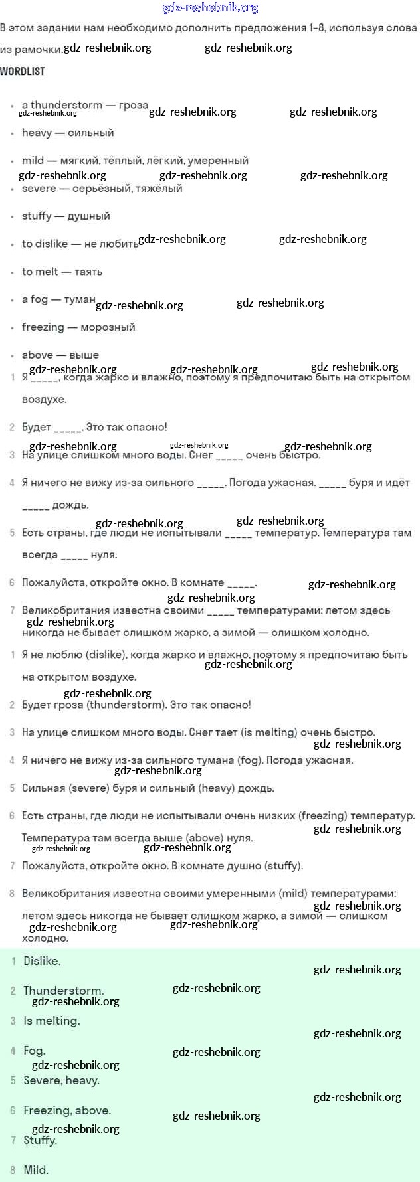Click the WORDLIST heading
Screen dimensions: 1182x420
[x=23, y=71]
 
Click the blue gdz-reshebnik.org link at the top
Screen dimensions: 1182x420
[x=210, y=8]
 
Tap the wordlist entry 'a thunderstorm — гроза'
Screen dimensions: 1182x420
[x=84, y=105]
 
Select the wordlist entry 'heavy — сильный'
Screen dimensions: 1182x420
[x=68, y=133]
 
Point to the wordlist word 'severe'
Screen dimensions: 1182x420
[x=39, y=189]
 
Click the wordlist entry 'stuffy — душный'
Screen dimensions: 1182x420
[x=66, y=216]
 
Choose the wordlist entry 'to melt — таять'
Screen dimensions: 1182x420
[x=62, y=272]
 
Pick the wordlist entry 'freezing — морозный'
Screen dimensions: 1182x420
[x=78, y=327]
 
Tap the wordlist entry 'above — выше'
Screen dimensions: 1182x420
[x=60, y=355]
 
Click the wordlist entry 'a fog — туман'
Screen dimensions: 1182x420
[x=58, y=299]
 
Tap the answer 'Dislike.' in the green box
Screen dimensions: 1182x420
[x=42, y=962]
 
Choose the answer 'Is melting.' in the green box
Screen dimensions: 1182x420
[x=52, y=1021]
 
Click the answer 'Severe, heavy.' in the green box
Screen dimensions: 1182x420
[x=61, y=1081]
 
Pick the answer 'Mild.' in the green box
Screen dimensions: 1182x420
[x=36, y=1171]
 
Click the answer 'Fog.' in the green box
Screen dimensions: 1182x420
[x=35, y=1051]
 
